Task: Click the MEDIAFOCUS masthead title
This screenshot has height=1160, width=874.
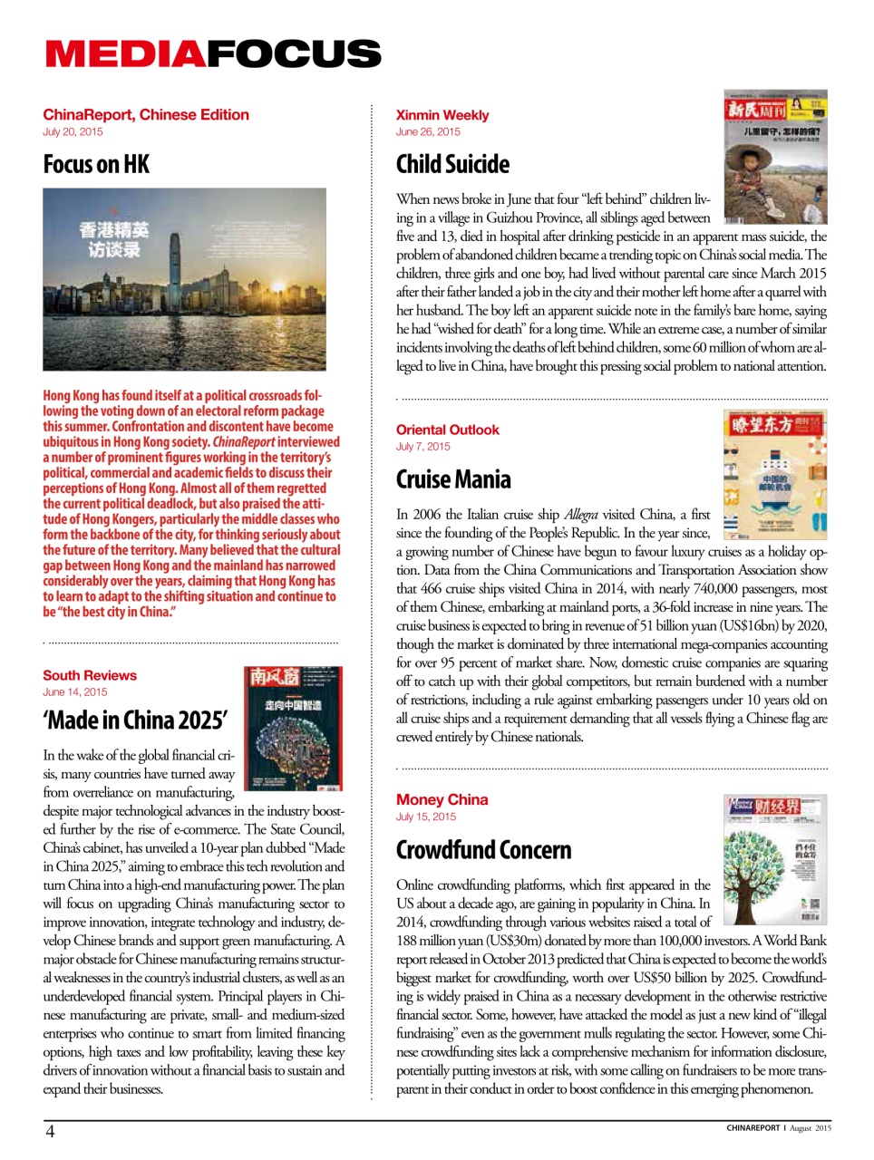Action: (x=213, y=54)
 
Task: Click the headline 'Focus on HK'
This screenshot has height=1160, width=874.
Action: (x=96, y=165)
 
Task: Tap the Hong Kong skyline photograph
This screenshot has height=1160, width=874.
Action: (x=184, y=279)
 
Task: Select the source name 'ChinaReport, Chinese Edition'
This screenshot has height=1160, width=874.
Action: (x=145, y=115)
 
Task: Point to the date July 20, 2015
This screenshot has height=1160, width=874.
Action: (x=73, y=132)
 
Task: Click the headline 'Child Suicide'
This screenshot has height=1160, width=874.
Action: (x=452, y=165)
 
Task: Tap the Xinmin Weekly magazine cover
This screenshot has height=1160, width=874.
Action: (x=775, y=156)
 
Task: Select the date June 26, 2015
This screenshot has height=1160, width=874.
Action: (x=428, y=132)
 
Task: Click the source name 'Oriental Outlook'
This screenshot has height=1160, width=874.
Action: (x=447, y=430)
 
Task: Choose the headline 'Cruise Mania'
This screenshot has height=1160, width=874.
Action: (x=453, y=479)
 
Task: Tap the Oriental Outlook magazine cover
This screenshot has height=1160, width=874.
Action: (x=775, y=475)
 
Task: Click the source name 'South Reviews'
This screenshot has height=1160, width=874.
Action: (x=90, y=676)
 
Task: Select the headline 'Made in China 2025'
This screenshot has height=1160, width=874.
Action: (x=135, y=720)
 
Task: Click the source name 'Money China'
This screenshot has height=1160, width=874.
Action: (x=442, y=800)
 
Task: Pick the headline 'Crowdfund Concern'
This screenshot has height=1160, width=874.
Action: (x=483, y=850)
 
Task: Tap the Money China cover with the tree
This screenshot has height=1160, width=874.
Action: (x=775, y=858)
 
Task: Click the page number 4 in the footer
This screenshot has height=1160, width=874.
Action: (x=50, y=1131)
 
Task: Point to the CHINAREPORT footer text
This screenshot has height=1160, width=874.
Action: (x=753, y=1128)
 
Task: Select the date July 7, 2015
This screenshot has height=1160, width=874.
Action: (x=422, y=447)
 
